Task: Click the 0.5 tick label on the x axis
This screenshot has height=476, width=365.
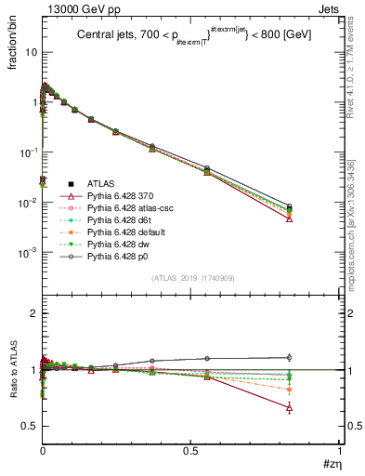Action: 191,451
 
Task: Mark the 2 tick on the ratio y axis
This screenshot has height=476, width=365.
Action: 34,314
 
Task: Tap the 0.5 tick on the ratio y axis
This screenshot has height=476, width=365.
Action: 31,426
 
